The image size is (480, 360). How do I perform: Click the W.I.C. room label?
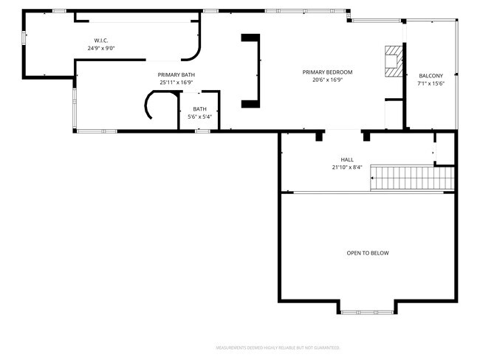point(101,40)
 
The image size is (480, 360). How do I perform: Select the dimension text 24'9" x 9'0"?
point(101,48)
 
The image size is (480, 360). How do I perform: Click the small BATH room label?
point(200,109)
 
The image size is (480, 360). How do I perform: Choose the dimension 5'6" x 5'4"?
point(200,117)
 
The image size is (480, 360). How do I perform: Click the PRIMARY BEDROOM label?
point(327,72)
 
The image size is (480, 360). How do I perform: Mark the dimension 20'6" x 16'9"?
point(327,80)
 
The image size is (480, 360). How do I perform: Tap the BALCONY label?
point(431,76)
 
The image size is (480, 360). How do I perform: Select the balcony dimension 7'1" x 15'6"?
point(431,84)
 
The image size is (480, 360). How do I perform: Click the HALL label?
point(347,159)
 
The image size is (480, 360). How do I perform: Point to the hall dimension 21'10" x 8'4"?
point(347,167)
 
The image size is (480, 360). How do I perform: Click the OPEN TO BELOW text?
point(367,253)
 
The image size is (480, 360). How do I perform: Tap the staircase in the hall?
point(411,178)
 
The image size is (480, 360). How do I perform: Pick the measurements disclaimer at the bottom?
point(278,347)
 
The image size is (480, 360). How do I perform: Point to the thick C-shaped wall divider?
point(253,71)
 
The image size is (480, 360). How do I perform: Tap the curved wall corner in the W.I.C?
point(193,52)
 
